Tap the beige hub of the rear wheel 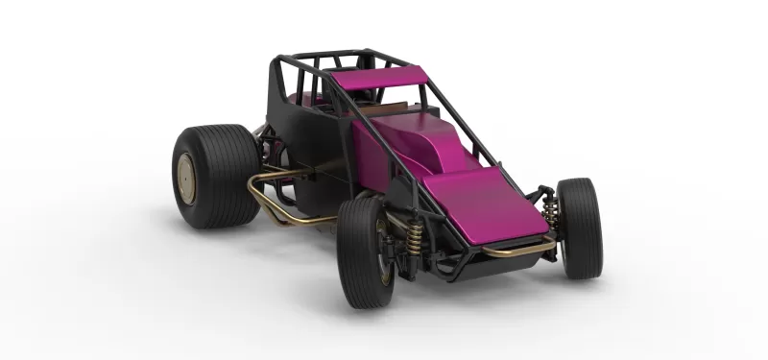[x=187, y=175]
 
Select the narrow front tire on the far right [x=579, y=228]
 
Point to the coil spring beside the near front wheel [x=411, y=244]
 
